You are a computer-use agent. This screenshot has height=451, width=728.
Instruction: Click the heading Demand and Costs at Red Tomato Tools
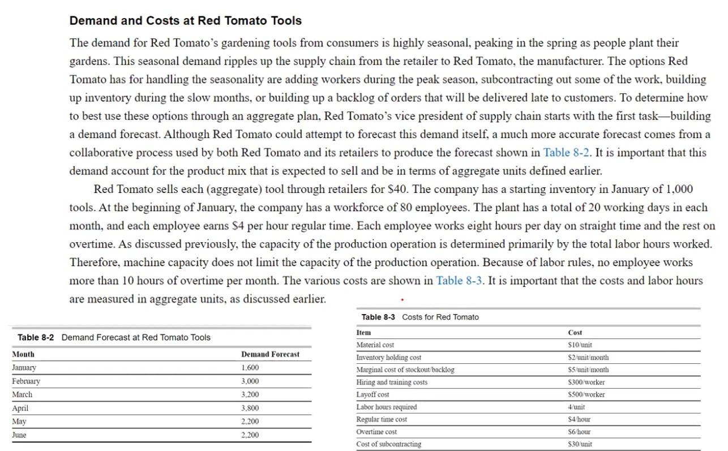[185, 21]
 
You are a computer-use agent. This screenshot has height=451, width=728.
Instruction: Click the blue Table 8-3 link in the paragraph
[459, 281]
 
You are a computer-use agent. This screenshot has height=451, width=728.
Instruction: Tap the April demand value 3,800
[250, 408]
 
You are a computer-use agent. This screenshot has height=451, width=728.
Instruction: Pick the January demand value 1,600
[250, 368]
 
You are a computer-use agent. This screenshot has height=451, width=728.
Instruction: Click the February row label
[26, 381]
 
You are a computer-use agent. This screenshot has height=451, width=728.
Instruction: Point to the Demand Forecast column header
[270, 354]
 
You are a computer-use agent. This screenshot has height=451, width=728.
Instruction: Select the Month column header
[23, 354]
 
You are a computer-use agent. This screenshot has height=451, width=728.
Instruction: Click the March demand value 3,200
[250, 394]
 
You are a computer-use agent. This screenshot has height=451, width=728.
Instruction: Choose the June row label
[19, 435]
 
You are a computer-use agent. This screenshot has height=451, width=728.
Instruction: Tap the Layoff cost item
[372, 394]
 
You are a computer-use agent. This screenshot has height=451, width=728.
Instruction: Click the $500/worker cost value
[586, 394]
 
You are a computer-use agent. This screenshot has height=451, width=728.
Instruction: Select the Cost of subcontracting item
[388, 444]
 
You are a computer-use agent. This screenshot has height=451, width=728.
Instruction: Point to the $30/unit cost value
[580, 444]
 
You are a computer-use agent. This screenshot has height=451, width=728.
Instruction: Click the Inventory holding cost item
[388, 358]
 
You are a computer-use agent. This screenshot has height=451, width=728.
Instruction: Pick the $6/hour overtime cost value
[579, 432]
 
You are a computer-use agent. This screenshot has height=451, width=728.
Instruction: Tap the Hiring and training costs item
[392, 383]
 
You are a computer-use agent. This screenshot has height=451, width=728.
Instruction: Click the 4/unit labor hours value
[576, 407]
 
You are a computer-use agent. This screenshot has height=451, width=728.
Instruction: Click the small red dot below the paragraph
[402, 299]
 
